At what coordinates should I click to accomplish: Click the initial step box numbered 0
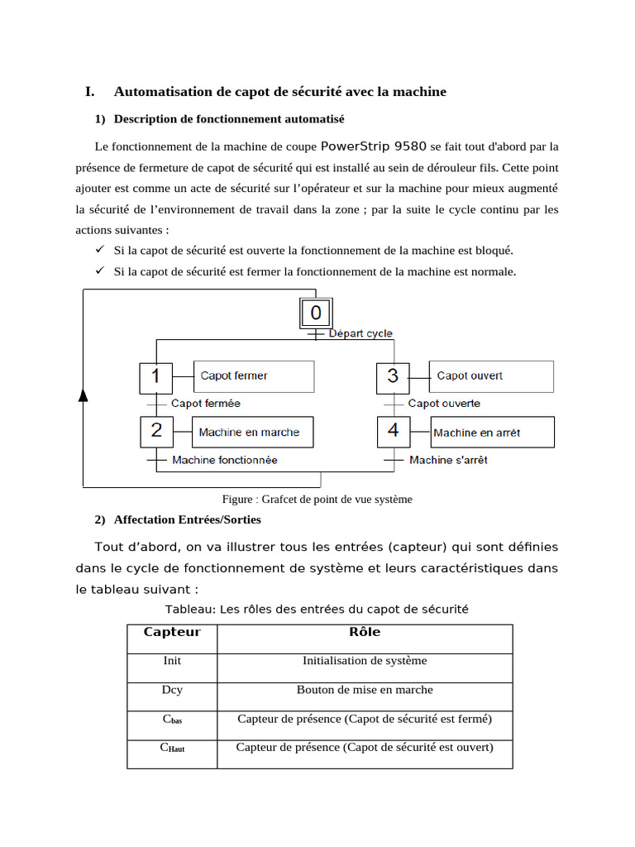coord(316,313)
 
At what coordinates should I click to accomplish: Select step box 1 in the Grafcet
coord(155,376)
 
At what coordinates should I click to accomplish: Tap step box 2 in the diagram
coord(156,432)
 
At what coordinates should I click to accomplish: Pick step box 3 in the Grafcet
coord(393,376)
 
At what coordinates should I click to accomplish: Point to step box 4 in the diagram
coord(394,432)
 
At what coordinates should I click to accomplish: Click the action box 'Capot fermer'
coord(253,376)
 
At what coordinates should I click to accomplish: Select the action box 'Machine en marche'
coord(253,432)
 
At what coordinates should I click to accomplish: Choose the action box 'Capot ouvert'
coord(491,376)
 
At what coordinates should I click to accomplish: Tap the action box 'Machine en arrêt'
coord(492,432)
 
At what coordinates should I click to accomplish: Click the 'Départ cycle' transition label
coord(360,334)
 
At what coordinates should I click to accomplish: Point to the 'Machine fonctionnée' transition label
coord(224,460)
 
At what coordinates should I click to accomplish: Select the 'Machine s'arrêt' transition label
coord(448,460)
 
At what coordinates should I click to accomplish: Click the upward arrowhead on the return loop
coord(83,395)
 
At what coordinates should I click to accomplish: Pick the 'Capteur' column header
coord(172,633)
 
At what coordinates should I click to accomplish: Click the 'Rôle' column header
coord(365,633)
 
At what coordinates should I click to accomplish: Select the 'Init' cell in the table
coord(172,661)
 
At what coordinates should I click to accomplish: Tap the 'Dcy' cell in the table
coord(172,690)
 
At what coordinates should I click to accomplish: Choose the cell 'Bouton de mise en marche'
coord(365,690)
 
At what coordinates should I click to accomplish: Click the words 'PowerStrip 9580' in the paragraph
coord(373,147)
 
